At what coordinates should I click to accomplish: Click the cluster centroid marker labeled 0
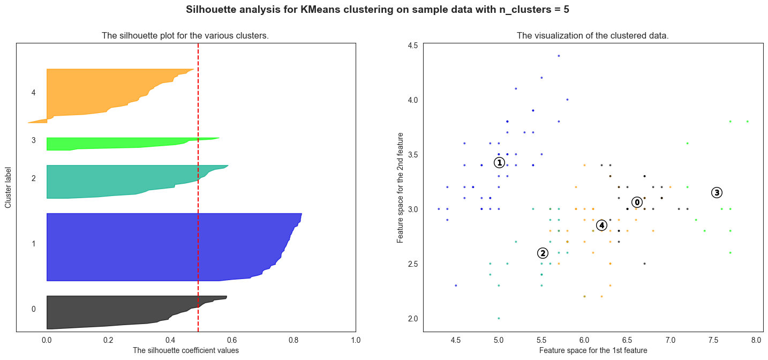tap(637, 202)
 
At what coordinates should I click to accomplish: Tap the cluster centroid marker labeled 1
tap(499, 162)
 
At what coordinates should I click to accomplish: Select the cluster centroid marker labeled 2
tap(543, 253)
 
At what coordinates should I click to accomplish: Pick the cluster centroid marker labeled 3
tap(717, 193)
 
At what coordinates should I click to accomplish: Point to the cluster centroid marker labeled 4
tap(602, 226)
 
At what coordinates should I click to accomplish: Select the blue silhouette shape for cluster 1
tap(161, 246)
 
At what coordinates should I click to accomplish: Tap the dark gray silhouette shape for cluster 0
tap(107, 313)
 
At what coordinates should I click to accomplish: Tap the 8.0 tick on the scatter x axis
tap(756, 340)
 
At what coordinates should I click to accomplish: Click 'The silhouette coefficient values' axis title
tap(185, 350)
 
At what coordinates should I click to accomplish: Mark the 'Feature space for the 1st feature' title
tap(593, 350)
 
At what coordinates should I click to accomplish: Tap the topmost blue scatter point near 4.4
tap(559, 56)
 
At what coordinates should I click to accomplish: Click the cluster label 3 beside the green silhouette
tap(34, 140)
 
